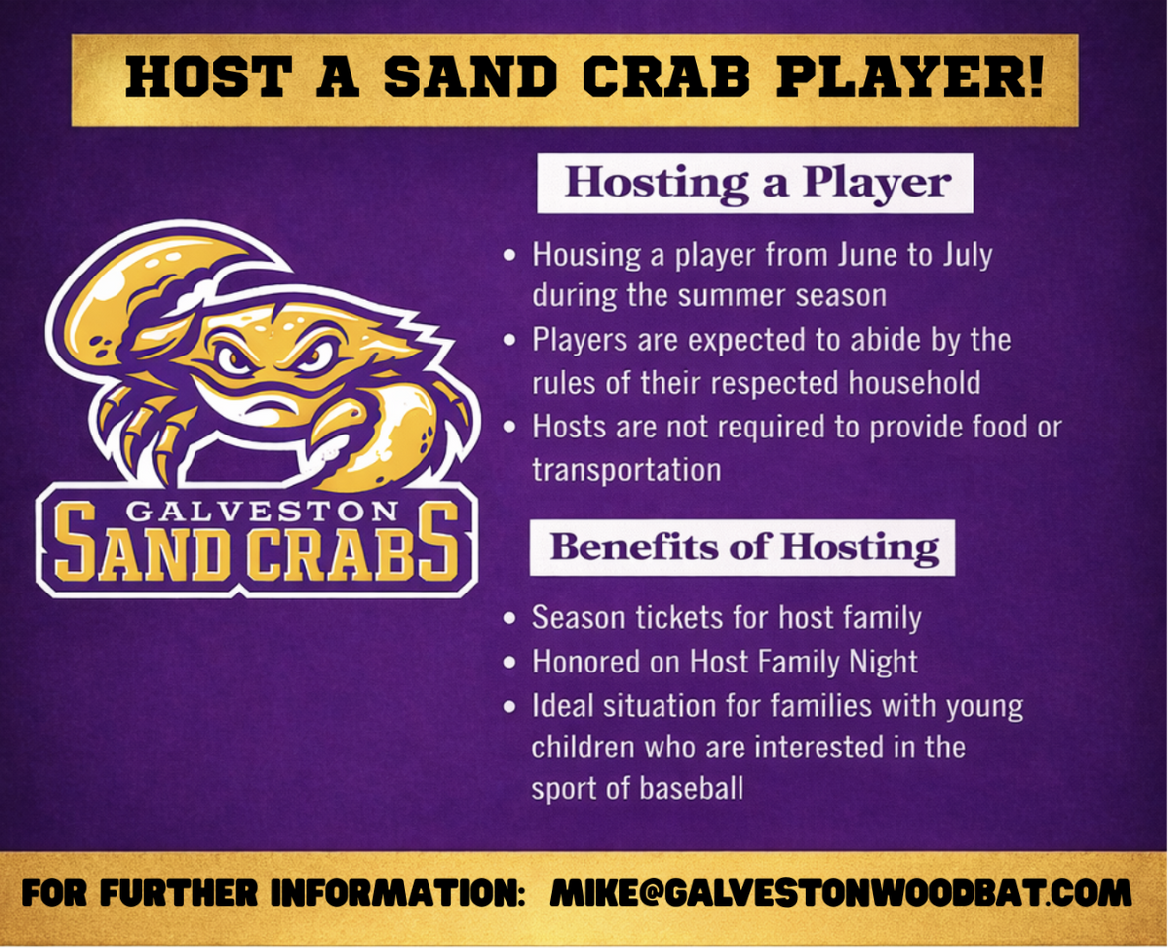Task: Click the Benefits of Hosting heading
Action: (x=744, y=547)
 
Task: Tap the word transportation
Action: (x=626, y=471)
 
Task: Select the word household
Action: (x=914, y=383)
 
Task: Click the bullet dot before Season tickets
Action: (x=509, y=619)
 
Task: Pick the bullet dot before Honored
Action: (x=509, y=663)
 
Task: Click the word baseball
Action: (x=691, y=788)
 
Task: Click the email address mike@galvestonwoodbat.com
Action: (x=840, y=893)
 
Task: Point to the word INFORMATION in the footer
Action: (x=398, y=893)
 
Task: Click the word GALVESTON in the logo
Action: (x=261, y=511)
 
